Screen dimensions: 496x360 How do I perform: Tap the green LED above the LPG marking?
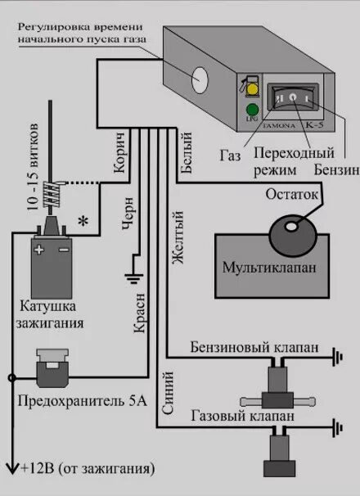click(251, 110)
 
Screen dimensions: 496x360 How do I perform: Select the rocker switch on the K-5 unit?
click(290, 101)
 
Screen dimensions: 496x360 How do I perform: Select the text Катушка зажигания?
click(52, 314)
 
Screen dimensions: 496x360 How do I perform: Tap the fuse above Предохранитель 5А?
click(54, 369)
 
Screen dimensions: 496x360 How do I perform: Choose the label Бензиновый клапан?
click(254, 347)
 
